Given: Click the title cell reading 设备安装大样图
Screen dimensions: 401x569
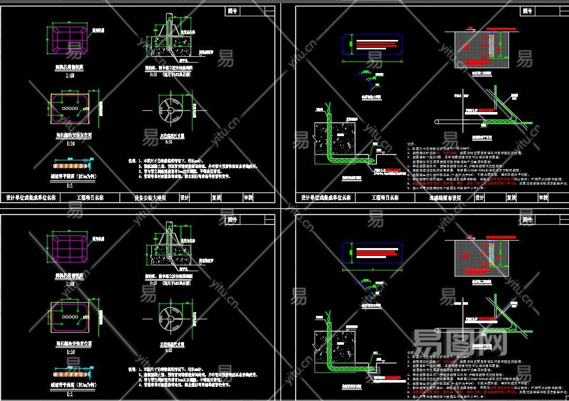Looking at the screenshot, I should pos(150,198).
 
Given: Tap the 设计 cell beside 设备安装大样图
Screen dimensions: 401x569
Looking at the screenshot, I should pos(185,198).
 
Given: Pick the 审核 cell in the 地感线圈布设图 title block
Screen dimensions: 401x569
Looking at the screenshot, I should pos(543,198).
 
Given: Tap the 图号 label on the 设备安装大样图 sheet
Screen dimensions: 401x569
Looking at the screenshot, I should pos(232,11).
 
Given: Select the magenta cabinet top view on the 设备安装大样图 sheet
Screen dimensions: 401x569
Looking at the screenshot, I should pos(69,39).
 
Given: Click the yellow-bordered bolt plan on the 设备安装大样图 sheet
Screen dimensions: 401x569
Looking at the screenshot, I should pos(70,108).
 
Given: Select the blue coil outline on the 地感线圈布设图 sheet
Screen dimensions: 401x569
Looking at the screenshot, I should pos(373,44).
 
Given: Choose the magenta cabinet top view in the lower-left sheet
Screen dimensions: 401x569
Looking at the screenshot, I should pos(69,246).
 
